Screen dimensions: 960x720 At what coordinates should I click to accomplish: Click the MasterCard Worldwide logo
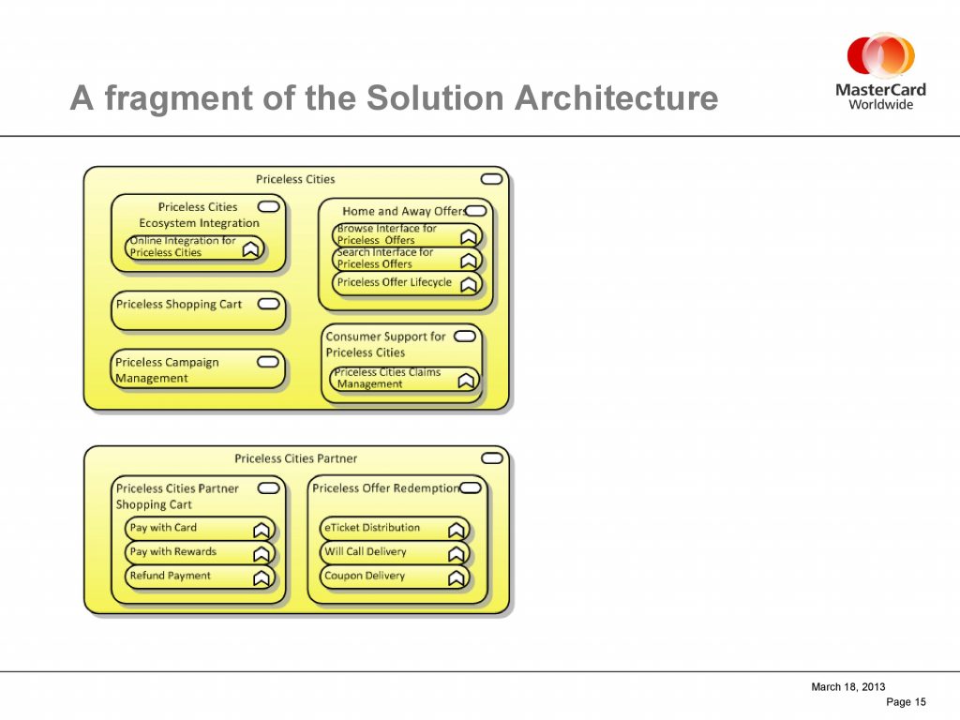tap(880, 72)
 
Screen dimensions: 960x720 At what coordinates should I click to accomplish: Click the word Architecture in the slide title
tap(616, 97)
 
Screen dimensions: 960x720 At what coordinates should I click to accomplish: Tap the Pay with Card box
tap(199, 528)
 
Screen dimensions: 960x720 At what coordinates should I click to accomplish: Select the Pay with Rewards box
tap(199, 551)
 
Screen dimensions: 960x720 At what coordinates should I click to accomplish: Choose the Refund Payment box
tap(199, 576)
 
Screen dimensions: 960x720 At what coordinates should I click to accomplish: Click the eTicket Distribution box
tap(395, 528)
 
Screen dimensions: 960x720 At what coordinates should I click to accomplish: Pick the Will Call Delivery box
tap(395, 551)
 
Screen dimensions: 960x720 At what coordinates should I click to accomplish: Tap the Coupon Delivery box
tap(395, 576)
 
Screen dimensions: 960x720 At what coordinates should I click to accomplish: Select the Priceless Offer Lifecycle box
tap(407, 283)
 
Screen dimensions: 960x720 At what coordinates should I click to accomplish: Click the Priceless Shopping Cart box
tap(199, 311)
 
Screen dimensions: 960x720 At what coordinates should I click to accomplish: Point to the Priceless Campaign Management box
tap(199, 369)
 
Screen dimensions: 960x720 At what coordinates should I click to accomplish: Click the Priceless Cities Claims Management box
tap(405, 379)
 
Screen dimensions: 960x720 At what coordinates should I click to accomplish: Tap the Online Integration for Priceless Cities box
tap(195, 247)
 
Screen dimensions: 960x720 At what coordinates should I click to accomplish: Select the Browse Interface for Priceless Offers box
tap(407, 234)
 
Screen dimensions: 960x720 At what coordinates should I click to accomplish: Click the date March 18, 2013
tap(847, 687)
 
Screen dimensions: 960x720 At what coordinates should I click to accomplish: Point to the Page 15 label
tap(906, 702)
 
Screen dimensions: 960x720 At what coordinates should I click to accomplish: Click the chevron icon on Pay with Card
tap(262, 530)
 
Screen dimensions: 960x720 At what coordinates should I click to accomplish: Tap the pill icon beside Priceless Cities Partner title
tap(491, 458)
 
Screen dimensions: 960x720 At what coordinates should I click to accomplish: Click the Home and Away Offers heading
tap(404, 211)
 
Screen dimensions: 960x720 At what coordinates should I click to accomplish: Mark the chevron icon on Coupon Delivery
tap(457, 577)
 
